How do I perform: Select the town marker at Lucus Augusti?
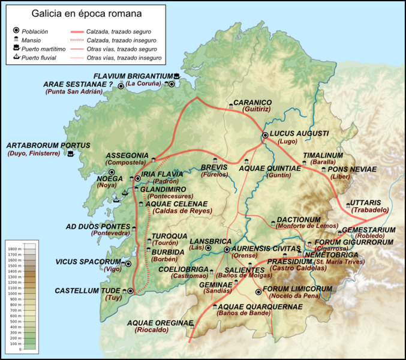(x=266, y=136)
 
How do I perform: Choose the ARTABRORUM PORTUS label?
(x=48, y=145)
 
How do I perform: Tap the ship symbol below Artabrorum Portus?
(x=71, y=154)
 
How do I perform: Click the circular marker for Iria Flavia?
(x=137, y=178)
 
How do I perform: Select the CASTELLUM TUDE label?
(x=89, y=290)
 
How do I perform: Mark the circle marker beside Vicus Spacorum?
(x=128, y=263)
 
